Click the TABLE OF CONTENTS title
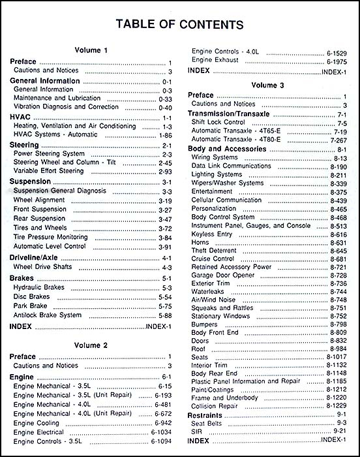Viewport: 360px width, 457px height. (179, 25)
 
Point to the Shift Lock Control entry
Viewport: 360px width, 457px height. (219, 122)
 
